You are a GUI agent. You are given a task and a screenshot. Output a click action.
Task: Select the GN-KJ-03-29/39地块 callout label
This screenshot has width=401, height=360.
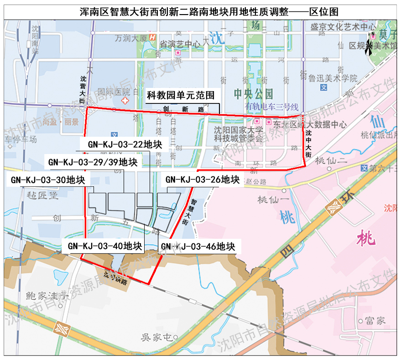[93, 162]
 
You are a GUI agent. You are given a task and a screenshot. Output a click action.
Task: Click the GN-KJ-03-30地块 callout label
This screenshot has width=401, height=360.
[48, 180]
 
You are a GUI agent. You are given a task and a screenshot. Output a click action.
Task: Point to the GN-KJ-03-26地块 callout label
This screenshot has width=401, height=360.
[203, 180]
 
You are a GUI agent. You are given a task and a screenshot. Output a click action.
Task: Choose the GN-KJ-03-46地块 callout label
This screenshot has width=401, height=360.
[198, 247]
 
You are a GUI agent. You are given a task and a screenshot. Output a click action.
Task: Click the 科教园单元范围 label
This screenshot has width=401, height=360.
[181, 96]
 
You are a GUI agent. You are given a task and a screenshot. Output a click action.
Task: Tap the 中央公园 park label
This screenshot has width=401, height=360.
[253, 94]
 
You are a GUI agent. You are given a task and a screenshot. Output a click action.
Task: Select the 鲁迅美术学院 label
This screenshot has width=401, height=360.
[333, 78]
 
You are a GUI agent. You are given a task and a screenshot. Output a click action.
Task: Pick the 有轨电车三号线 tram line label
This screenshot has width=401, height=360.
[272, 107]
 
